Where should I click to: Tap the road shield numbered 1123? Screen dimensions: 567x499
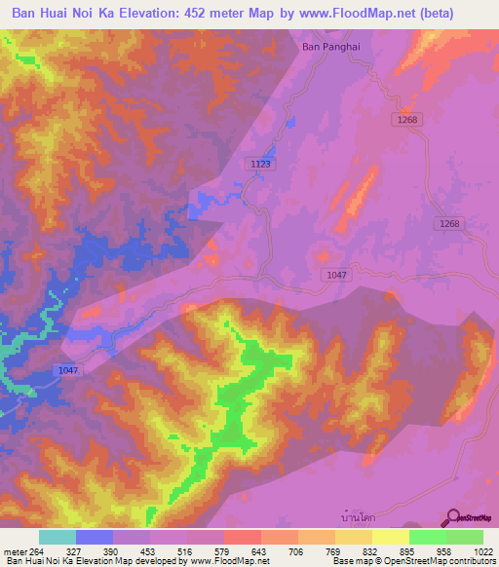point(260,165)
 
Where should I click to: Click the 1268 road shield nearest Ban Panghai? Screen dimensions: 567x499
point(407,120)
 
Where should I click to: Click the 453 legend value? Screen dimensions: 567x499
point(149,550)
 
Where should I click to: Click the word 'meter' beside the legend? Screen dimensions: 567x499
point(14,550)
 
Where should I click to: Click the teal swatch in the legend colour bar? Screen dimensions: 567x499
point(58,537)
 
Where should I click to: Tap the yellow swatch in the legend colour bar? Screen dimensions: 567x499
point(391,537)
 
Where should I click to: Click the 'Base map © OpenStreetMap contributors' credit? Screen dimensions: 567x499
point(411,561)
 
